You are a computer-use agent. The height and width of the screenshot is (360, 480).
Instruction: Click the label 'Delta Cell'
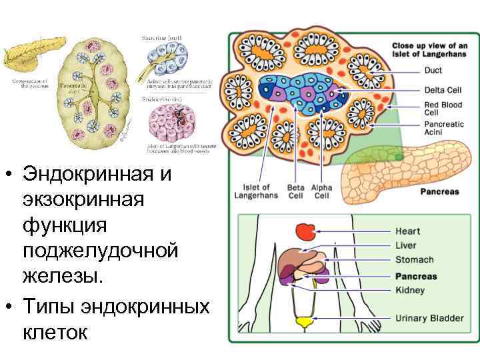(443, 90)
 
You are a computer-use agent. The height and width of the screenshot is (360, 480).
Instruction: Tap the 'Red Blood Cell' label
(442, 109)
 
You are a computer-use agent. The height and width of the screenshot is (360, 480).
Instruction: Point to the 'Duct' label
(433, 71)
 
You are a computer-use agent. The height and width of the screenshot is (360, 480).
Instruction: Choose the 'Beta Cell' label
(295, 191)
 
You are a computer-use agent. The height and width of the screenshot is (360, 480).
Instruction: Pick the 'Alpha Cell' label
(321, 191)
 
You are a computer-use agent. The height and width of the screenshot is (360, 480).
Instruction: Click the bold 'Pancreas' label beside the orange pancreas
(439, 192)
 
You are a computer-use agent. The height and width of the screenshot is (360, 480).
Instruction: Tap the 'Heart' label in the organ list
(407, 231)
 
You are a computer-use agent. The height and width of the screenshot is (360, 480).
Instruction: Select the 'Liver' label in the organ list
(406, 245)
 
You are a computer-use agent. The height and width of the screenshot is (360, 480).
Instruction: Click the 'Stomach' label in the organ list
(414, 260)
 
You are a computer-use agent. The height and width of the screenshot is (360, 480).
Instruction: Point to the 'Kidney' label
(410, 291)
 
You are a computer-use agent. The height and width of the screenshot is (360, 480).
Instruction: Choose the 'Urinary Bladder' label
(429, 319)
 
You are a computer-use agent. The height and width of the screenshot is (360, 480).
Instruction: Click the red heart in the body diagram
(306, 232)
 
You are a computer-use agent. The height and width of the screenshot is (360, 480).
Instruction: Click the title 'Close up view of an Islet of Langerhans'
(429, 50)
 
